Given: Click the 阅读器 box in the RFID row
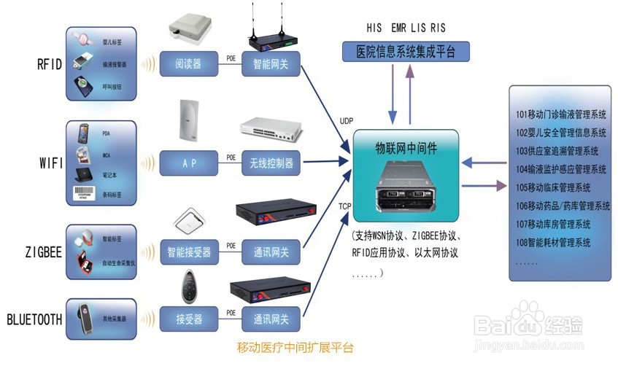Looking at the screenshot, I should tap(188, 64).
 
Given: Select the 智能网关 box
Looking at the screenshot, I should tap(270, 64).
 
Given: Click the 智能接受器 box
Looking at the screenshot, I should tap(188, 252).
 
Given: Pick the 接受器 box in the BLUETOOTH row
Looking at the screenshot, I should tap(188, 319).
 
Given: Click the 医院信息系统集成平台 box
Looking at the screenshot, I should tap(406, 52).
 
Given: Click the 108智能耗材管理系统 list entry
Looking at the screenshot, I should tap(553, 242).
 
